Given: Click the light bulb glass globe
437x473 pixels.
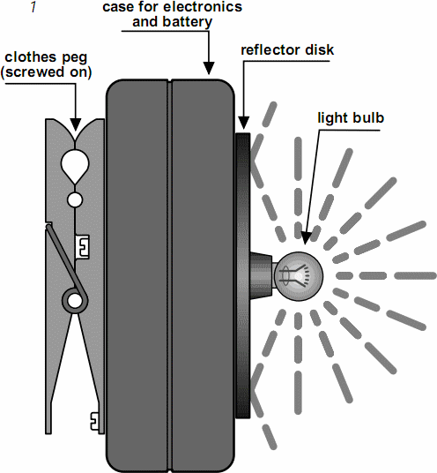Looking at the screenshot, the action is point(299,276).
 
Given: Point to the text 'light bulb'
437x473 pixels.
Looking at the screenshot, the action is point(351,117).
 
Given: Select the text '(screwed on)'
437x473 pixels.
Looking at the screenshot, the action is point(46,72).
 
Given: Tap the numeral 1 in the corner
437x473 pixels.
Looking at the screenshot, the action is point(33,7).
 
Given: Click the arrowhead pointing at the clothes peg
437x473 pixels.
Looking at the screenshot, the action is point(75,125).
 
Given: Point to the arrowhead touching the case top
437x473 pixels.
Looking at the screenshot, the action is point(209,68).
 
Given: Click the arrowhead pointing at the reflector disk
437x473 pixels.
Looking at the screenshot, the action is point(243,124).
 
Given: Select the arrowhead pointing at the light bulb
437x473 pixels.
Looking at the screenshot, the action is point(306,238).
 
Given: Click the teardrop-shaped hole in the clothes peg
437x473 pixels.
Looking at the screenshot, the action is point(75,165).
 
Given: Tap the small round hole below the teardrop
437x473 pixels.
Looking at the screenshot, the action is point(75,199).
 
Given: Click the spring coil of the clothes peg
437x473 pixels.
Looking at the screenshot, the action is point(75,301).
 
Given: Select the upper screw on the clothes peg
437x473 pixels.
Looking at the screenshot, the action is point(82,247).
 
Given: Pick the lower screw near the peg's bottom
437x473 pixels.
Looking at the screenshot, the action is point(95,421).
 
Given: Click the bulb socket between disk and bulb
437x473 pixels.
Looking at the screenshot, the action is point(262,275).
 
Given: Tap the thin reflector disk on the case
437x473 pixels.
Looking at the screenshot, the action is point(243,275).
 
